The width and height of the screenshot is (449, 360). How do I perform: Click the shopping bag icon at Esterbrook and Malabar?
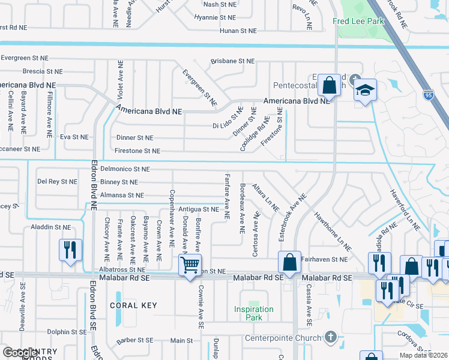click(x=289, y=262)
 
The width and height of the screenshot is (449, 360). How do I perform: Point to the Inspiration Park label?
click(x=254, y=314)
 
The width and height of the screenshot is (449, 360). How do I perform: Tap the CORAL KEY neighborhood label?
click(x=133, y=305)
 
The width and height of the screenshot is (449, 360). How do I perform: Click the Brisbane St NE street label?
click(x=232, y=61)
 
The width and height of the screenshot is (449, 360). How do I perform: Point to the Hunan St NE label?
click(x=238, y=31)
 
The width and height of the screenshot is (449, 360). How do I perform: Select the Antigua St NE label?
click(x=199, y=209)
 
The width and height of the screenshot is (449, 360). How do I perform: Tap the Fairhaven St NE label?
click(x=326, y=259)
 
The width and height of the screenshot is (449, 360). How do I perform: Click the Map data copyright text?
click(x=423, y=355)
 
